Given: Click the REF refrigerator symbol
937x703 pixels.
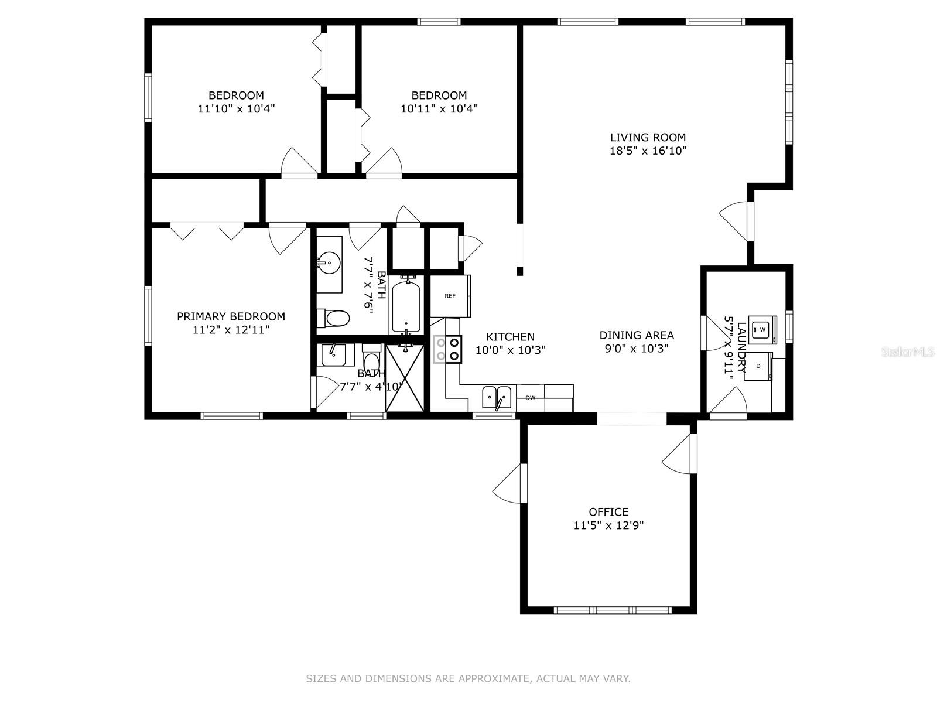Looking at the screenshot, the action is coord(450,296).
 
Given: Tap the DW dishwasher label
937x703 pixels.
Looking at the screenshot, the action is coord(530,398).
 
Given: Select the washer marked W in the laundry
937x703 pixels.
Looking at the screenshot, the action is coord(762,329).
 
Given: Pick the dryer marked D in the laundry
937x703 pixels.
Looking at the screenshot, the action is coord(758,366).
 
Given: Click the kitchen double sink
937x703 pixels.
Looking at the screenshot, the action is coord(497,397).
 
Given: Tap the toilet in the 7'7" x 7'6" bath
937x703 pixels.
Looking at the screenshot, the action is coord(333,318).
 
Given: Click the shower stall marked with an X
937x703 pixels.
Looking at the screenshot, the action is coord(405,378).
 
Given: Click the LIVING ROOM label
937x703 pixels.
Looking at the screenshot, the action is coord(648,138).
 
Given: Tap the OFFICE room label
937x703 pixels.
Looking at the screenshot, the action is coord(608,512).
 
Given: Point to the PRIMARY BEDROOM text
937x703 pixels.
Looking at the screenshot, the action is coord(231,316).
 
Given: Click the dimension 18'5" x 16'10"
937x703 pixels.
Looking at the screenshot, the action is coord(648,151).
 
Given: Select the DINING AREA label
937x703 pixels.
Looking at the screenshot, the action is coord(637,335).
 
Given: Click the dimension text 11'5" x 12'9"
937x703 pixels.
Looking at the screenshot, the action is coord(608,525).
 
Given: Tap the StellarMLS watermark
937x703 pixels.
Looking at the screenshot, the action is coord(908,351).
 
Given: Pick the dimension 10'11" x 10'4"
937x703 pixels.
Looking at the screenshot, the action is coord(439,108).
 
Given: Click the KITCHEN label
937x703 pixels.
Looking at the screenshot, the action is coord(511,337).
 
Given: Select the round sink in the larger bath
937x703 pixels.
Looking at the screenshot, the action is coord(329,260).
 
